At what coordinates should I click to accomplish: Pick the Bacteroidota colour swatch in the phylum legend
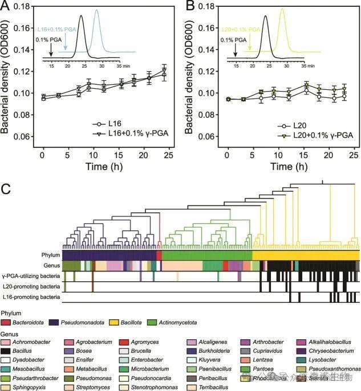point(8,323)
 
